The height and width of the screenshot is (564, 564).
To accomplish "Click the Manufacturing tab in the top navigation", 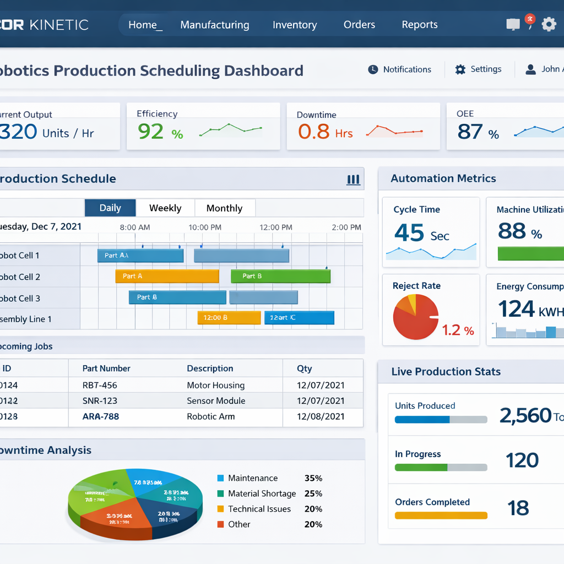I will tap(214, 25).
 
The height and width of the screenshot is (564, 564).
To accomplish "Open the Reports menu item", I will tap(420, 25).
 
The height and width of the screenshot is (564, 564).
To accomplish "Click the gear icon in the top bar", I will tap(549, 24).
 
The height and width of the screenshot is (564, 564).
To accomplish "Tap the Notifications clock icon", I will tap(373, 69).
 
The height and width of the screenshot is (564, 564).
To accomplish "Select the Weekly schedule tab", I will tap(165, 208).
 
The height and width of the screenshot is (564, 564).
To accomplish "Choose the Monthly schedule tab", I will tap(224, 208).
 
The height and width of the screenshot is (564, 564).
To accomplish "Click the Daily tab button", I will tap(110, 208).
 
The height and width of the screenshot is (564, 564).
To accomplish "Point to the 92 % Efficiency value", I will tap(160, 132).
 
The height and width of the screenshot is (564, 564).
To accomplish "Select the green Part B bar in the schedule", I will tap(280, 276).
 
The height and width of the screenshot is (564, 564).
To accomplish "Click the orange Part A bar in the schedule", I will tap(167, 276).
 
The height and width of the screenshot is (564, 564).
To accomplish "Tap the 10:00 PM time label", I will tap(205, 227).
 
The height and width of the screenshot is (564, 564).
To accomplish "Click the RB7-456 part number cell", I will tap(100, 385).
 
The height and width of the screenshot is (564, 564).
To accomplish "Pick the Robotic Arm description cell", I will tap(211, 416).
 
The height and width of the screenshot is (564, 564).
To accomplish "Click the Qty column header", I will tap(304, 368).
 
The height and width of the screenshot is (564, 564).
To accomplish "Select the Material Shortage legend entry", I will tap(262, 493).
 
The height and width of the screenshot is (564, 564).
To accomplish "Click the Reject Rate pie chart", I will tap(415, 316).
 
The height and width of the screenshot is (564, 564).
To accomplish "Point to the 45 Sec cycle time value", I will tap(421, 233).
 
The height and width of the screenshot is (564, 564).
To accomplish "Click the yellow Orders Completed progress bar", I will tap(441, 516).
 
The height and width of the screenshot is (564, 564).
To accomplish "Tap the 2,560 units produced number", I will tap(525, 415).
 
